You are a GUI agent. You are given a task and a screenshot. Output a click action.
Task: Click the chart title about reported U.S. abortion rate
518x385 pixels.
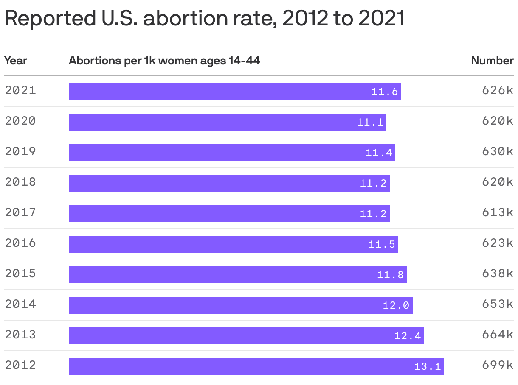click(204, 18)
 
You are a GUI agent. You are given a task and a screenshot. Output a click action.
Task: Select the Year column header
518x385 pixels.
click(16, 61)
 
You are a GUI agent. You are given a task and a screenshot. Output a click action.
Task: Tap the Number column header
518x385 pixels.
click(492, 61)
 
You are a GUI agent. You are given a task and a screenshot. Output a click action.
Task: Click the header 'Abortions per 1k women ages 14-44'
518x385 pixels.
click(164, 61)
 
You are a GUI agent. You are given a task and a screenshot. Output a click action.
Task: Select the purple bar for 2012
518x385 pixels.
click(256, 366)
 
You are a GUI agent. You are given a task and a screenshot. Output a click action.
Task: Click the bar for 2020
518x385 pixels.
click(227, 122)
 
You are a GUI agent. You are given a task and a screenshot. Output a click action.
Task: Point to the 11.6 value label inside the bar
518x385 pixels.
click(385, 92)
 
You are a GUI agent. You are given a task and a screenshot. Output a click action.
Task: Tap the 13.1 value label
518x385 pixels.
click(428, 366)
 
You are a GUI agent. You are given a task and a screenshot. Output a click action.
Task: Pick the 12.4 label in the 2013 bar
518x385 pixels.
click(408, 336)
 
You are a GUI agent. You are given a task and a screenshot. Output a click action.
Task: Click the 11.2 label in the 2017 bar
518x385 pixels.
click(373, 214)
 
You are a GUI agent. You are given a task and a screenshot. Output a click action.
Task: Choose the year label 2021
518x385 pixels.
click(20, 90)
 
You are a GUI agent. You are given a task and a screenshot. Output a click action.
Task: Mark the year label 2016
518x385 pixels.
click(20, 243)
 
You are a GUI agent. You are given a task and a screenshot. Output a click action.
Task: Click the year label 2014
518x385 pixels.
click(20, 304)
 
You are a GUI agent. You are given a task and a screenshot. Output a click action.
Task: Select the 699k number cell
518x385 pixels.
click(497, 365)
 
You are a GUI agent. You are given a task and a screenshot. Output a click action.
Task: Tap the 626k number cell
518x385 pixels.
click(497, 90)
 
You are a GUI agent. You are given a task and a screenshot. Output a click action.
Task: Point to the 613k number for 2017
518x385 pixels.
click(497, 212)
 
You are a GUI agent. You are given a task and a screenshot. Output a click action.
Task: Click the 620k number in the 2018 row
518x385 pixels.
click(497, 182)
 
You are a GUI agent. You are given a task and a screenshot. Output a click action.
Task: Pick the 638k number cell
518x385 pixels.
click(497, 273)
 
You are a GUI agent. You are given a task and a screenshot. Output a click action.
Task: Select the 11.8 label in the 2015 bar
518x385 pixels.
click(390, 275)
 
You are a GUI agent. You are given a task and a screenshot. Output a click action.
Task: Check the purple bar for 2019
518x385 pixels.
click(231, 153)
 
